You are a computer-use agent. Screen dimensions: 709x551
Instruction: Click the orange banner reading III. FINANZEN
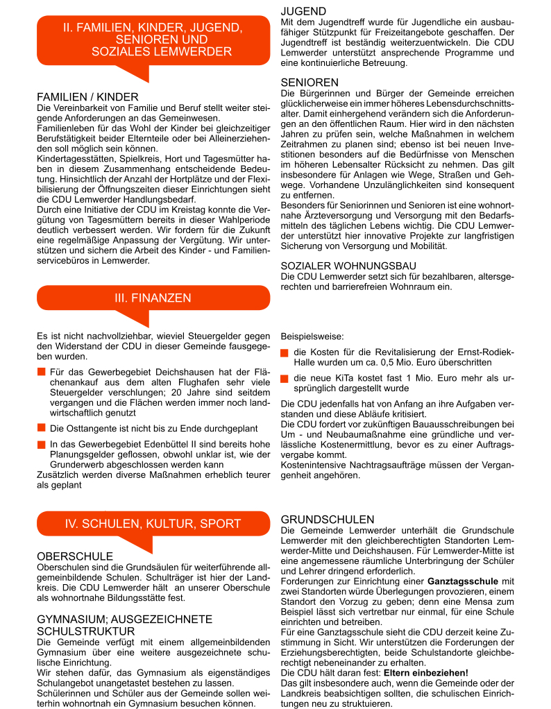[153, 298]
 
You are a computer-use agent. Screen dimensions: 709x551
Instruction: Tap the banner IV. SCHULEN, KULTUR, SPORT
[153, 524]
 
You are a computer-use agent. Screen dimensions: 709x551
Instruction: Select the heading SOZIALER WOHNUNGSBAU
[348, 266]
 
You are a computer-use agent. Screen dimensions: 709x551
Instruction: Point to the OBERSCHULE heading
[74, 556]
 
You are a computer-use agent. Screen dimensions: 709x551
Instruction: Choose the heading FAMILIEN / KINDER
[87, 97]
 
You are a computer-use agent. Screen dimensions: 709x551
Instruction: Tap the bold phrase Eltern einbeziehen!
[426, 673]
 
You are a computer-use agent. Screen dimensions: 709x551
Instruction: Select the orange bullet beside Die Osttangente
[42, 428]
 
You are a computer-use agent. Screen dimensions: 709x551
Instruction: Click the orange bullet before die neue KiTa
[285, 379]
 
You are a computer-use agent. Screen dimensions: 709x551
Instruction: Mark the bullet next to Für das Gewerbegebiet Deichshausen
[42, 373]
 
